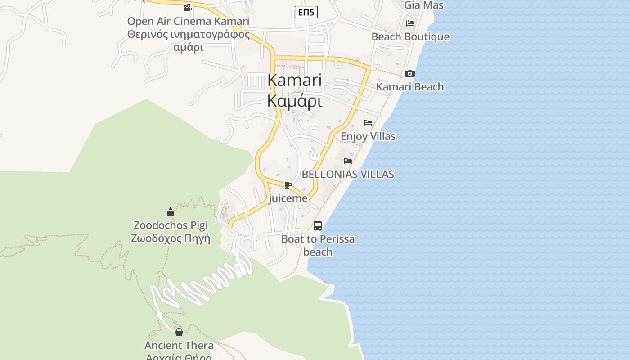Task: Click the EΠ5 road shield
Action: pos(306,13)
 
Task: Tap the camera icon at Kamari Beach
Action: pos(410,73)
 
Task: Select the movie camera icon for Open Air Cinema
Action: pos(188,8)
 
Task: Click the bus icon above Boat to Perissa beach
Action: pos(318,225)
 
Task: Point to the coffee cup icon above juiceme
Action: pos(288,185)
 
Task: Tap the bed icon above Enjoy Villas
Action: pos(368,123)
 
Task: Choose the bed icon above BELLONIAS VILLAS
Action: pos(348,161)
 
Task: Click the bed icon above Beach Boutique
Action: pos(410,23)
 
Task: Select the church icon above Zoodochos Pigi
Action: pos(171,212)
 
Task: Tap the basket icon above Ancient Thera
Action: pos(179,332)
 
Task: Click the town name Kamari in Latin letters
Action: pos(294,81)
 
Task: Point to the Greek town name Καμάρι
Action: pos(294,101)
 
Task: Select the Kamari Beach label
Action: pos(410,87)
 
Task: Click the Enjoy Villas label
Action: pos(368,136)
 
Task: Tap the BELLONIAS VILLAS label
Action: pos(348,174)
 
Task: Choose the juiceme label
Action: pos(288,198)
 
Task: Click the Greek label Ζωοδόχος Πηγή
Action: pos(171,238)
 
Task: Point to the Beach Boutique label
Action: pos(410,37)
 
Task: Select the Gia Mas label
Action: pos(424,5)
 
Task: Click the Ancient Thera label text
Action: pos(179,346)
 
